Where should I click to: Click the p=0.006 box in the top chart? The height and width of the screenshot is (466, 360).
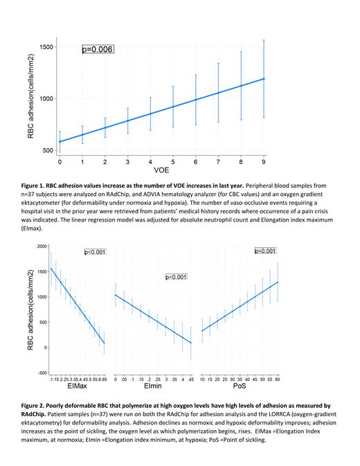tap(97, 50)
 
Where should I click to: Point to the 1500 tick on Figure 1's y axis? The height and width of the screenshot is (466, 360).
tap(46, 47)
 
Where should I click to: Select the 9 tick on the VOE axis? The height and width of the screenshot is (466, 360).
tap(264, 161)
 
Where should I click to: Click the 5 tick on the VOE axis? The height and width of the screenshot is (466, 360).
tap(173, 161)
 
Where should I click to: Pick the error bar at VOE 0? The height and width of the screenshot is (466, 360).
tap(60, 141)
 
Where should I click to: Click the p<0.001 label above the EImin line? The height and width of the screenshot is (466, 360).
tap(177, 277)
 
